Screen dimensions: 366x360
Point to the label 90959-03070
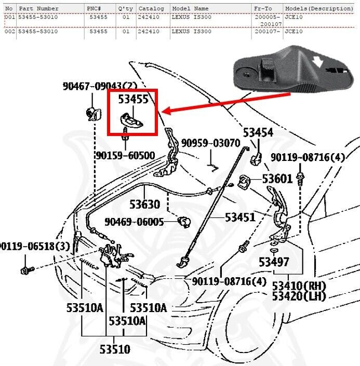(210, 143)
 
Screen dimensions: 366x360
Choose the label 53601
(277, 179)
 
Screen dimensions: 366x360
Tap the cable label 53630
(144, 205)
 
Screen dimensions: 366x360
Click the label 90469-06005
(134, 222)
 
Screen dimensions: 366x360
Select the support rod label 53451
(240, 217)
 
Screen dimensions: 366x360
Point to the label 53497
(274, 262)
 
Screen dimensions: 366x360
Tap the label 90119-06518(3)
(34, 246)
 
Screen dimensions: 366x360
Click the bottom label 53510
(115, 349)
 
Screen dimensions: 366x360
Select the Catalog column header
(152, 9)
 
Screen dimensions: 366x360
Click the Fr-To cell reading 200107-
(266, 32)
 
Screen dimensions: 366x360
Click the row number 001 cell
(9, 17)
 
